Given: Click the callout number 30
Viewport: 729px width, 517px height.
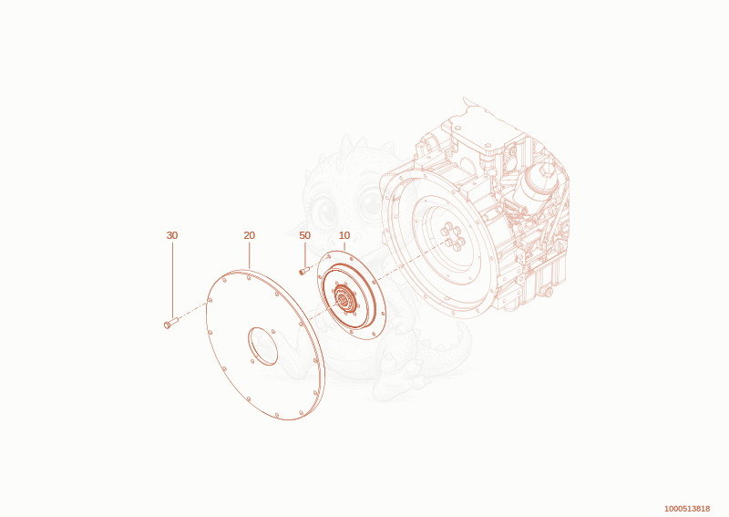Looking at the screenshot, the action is coord(172,235).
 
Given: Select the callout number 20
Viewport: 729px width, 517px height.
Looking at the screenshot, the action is coord(249,235).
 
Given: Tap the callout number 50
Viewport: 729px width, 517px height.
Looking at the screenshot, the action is coord(304,235).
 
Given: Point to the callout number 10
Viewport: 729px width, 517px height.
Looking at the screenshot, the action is coord(344,235).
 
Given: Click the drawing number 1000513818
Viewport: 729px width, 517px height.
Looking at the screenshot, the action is coord(687,509).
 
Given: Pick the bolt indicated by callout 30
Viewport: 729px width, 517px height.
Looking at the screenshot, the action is coord(171,322).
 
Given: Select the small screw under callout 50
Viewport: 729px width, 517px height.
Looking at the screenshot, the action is coord(304,271).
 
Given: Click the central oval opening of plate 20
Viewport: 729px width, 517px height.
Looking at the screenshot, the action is coord(262,346).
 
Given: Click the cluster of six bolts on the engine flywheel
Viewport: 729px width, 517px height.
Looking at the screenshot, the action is coord(452,236).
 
